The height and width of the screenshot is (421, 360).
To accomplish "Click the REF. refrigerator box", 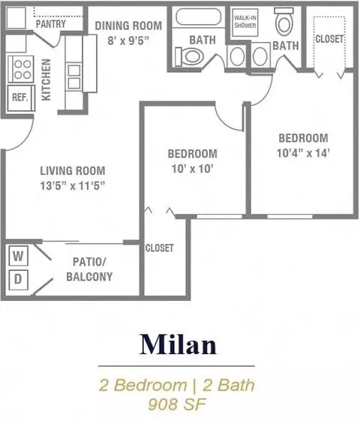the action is [x=21, y=98].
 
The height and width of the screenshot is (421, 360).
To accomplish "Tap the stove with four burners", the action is [x=21, y=69].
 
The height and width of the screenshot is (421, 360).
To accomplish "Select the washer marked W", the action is [x=18, y=256].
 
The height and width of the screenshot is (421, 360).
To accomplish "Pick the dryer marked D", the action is [x=18, y=279].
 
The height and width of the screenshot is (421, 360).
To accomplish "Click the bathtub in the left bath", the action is [x=199, y=17].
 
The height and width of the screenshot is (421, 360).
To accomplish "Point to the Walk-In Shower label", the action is [x=245, y=22].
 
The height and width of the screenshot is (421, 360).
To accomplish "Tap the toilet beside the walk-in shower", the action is [x=283, y=22].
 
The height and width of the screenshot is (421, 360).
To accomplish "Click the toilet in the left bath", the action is [x=189, y=56].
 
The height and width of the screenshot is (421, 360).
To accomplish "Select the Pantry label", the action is [x=51, y=24].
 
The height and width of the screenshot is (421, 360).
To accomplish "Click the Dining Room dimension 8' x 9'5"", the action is [x=128, y=41].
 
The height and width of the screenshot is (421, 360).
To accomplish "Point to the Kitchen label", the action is [x=46, y=80].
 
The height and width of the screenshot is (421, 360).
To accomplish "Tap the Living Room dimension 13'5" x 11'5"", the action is [x=73, y=185].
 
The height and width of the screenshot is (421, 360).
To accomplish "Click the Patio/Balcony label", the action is [x=89, y=269].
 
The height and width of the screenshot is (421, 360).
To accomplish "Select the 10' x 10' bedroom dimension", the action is [x=193, y=169].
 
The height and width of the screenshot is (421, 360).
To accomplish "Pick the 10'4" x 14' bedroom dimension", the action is [x=303, y=153].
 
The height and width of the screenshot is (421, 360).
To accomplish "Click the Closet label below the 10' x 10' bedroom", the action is [x=159, y=248].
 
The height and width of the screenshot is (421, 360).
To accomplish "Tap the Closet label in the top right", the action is [x=329, y=39].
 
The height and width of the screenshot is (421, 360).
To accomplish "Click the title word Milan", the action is [x=178, y=344].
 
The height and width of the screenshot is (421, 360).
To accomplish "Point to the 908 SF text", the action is [x=177, y=404].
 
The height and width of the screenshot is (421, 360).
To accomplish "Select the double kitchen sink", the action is [x=74, y=77].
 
